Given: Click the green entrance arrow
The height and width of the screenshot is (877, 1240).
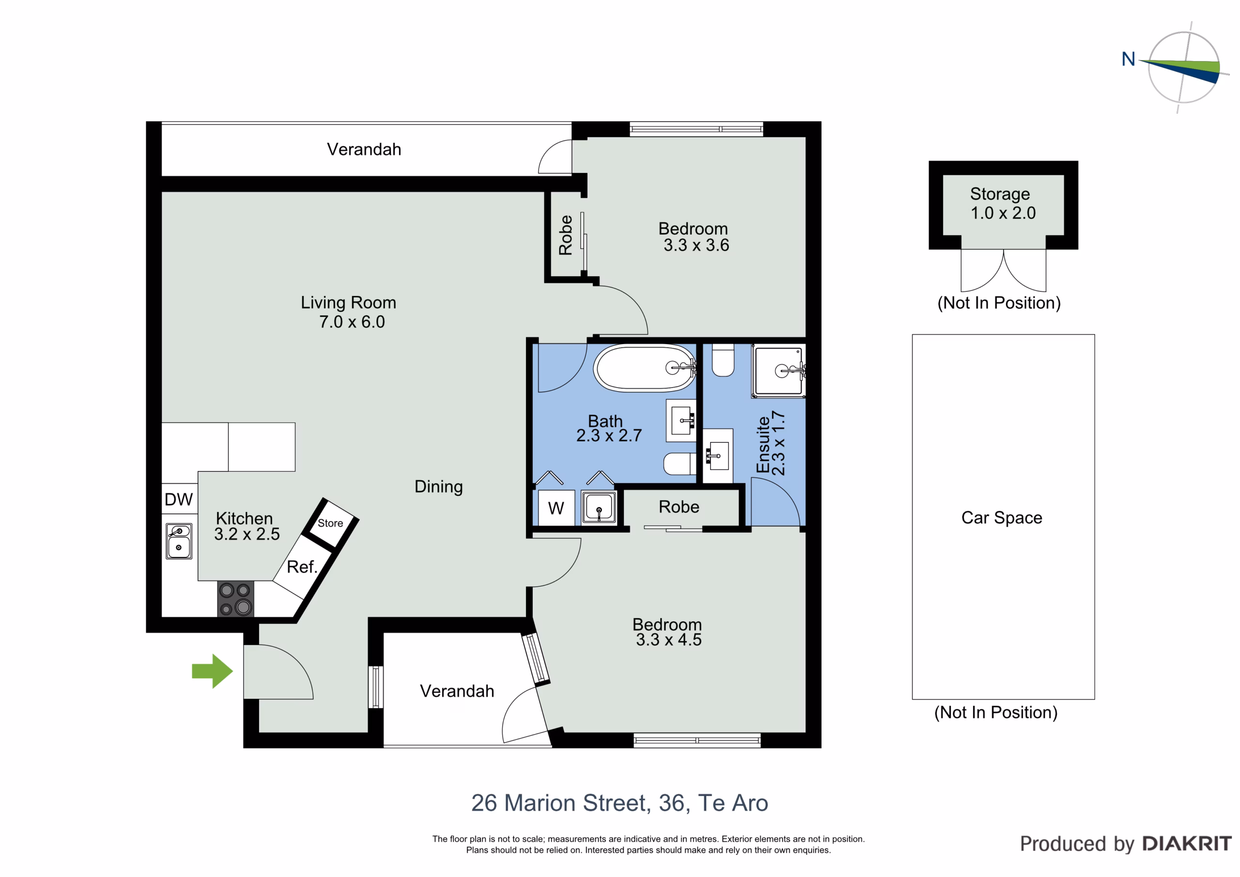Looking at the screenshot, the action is [x=212, y=671].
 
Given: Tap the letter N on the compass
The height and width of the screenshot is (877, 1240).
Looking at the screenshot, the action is [x=1128, y=59].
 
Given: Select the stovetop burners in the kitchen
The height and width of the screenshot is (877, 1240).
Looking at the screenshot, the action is [x=235, y=599].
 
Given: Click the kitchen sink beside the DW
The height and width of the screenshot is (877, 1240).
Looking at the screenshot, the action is [x=179, y=541].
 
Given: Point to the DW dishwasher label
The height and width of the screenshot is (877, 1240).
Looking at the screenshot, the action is [x=179, y=499].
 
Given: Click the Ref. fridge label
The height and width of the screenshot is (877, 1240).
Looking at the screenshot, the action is [x=302, y=567].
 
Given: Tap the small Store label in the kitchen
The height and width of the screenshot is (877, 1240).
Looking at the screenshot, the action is [x=330, y=523].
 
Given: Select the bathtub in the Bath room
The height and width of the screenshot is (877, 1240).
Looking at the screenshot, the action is [x=645, y=367].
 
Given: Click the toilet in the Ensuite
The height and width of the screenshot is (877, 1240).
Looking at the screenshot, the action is [x=723, y=360].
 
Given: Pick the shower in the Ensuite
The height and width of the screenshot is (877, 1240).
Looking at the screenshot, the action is [x=778, y=371].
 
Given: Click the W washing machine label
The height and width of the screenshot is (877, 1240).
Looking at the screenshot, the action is [x=556, y=508].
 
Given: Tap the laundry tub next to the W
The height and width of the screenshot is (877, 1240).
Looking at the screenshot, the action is [x=599, y=507].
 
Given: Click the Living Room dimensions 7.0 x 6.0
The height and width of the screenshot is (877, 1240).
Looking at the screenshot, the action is [x=352, y=322].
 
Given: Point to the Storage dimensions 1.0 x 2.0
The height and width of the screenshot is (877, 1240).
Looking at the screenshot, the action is [x=1003, y=213].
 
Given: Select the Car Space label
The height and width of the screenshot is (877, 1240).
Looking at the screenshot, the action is [x=1002, y=517].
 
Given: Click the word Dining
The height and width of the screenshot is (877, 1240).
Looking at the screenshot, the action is [x=438, y=487].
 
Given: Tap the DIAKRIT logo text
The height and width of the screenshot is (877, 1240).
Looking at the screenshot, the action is [x=1187, y=844].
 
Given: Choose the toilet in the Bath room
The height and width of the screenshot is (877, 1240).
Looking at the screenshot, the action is [x=680, y=464].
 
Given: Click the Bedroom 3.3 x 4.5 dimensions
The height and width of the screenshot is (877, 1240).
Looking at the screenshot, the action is [x=668, y=640].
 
